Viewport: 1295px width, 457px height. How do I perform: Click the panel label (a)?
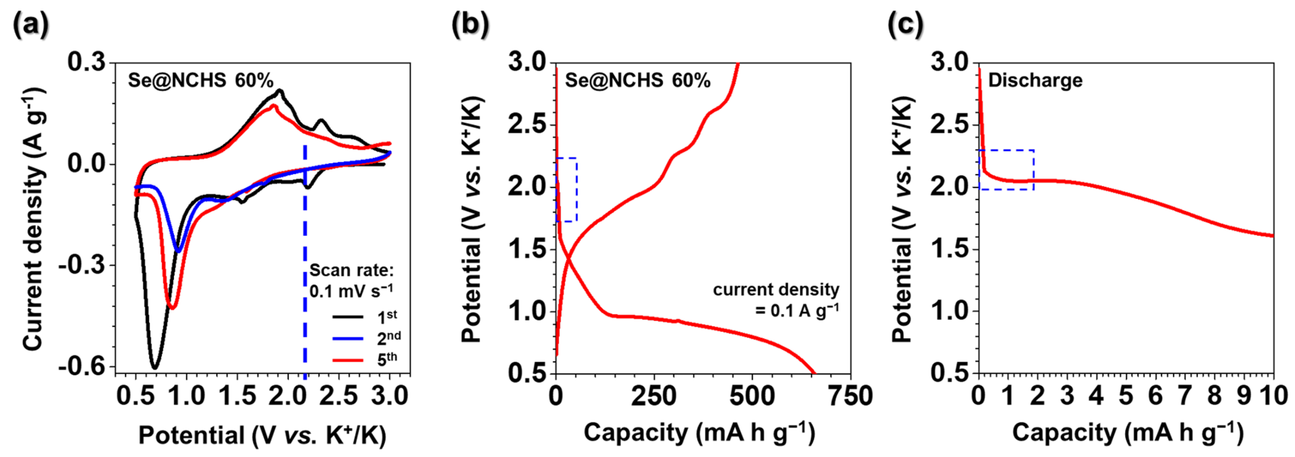[31, 24]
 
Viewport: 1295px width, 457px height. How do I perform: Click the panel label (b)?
[470, 24]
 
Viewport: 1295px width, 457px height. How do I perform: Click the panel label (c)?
[905, 24]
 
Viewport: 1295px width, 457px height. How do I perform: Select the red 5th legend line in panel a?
[348, 360]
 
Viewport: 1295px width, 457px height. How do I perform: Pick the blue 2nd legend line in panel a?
[348, 338]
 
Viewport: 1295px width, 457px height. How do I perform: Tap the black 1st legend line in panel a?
[348, 317]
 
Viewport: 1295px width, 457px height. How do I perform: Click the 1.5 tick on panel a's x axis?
[238, 396]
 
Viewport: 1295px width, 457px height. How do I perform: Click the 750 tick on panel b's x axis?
[850, 396]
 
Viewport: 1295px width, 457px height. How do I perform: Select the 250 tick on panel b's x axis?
[654, 396]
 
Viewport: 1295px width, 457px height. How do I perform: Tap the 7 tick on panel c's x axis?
[1185, 396]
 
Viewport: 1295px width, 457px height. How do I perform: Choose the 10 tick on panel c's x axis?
[1273, 396]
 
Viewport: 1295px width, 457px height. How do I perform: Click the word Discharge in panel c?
[1035, 81]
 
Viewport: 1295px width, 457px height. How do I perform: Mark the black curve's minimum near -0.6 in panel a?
[155, 368]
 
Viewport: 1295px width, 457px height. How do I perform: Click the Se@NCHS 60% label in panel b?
[637, 81]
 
